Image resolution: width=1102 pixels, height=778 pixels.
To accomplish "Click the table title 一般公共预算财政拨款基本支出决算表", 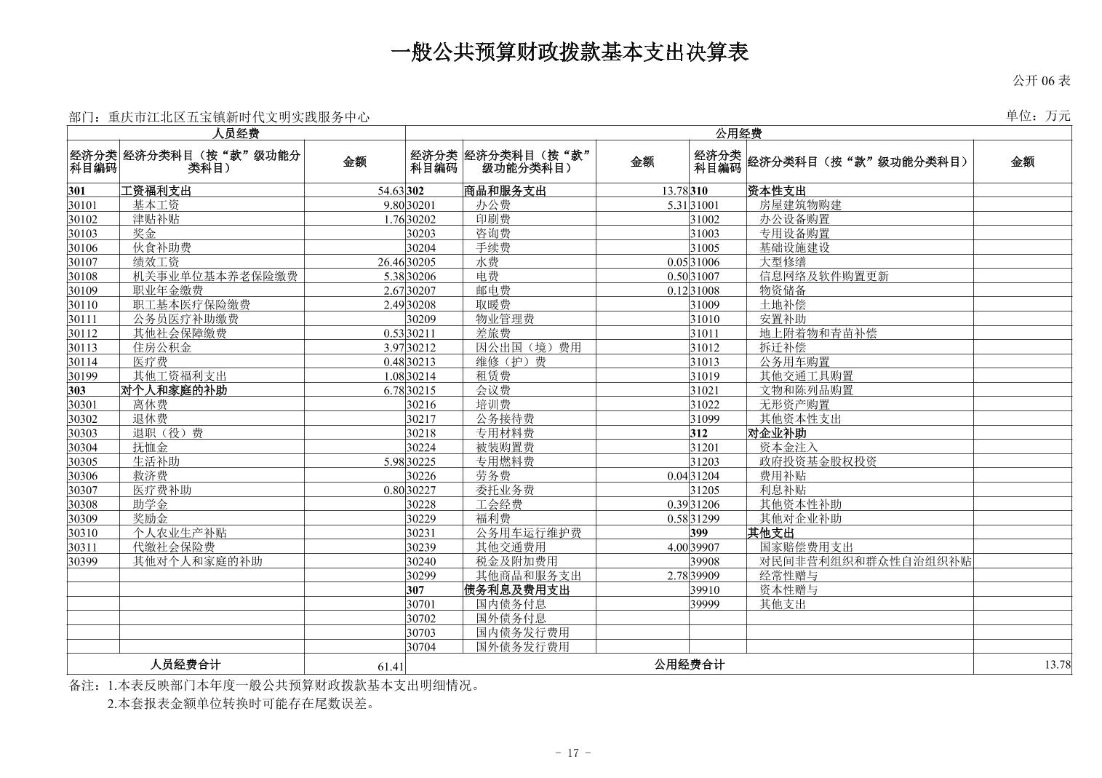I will pyautogui.click(x=570, y=52).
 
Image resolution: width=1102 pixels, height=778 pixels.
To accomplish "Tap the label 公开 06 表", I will pyautogui.click(x=1042, y=81).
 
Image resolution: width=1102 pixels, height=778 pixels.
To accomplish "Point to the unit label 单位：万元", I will pyautogui.click(x=1038, y=116).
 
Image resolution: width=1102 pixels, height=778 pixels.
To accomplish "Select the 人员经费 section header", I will pyautogui.click(x=236, y=133).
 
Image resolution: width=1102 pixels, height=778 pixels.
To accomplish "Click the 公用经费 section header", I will pyautogui.click(x=738, y=133).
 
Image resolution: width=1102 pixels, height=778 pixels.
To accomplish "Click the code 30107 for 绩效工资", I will pyautogui.click(x=83, y=262).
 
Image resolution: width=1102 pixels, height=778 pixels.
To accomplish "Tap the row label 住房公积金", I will pyautogui.click(x=161, y=348).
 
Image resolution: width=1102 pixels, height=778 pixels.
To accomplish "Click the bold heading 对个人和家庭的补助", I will pyautogui.click(x=173, y=390).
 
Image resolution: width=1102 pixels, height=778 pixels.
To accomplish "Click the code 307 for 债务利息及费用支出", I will pyautogui.click(x=415, y=590).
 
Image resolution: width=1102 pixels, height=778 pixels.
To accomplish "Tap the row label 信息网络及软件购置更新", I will pyautogui.click(x=823, y=277).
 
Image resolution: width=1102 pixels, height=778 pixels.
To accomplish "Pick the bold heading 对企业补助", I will pyautogui.click(x=776, y=433).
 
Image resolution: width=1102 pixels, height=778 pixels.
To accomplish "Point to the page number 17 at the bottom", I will pyautogui.click(x=572, y=753).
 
